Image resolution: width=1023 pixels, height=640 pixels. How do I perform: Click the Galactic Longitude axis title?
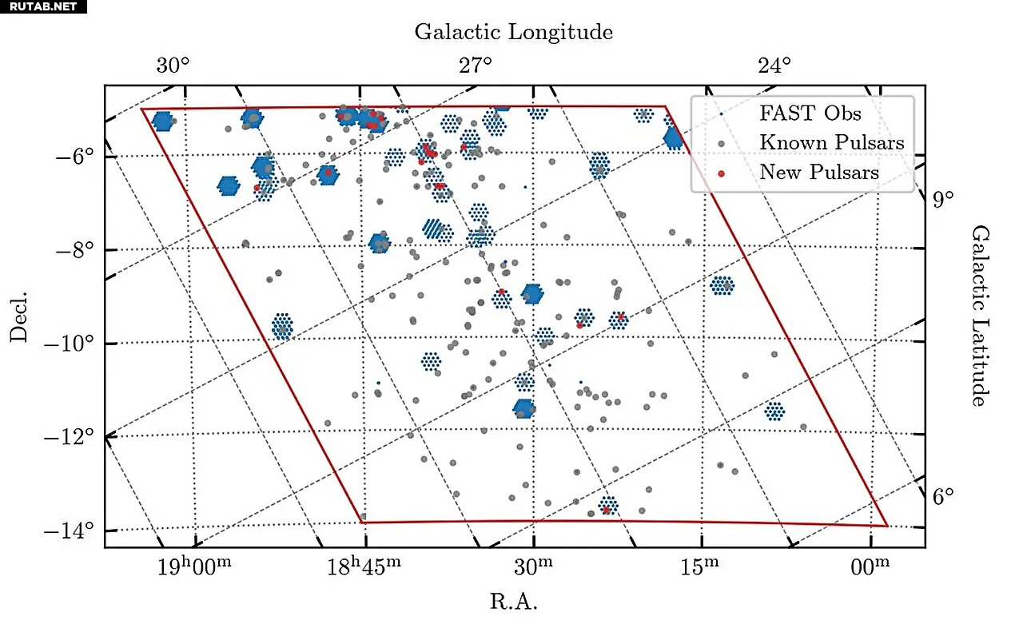point(514,33)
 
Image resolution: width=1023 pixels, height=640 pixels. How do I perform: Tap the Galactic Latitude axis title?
point(978,315)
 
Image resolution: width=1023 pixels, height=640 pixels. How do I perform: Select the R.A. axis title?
point(513,602)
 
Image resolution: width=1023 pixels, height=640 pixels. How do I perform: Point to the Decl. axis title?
point(19,316)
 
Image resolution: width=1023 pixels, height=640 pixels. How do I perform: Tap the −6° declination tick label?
point(75,156)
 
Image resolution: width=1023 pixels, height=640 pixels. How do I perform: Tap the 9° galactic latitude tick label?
point(942,199)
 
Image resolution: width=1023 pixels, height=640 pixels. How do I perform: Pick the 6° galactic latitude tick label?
point(942,496)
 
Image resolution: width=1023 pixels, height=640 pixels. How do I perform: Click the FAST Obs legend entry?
point(810,113)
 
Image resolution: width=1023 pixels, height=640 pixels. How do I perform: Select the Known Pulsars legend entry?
point(831,143)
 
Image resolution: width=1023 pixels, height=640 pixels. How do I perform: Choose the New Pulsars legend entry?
point(818,173)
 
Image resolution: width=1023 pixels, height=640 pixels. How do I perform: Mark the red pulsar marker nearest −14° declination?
point(607,509)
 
